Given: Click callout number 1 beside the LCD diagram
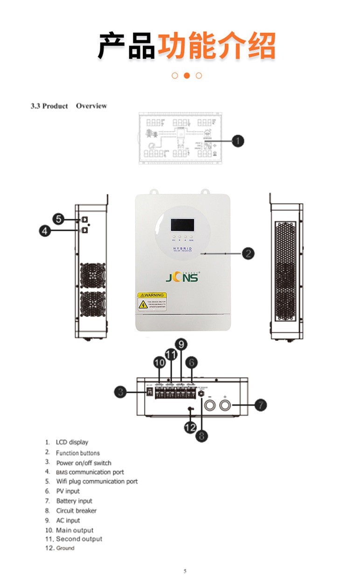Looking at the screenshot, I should [x=238, y=140].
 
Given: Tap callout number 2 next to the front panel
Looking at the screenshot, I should [x=248, y=253].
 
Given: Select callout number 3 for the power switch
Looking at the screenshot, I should [x=121, y=392].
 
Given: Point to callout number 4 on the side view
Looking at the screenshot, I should [x=45, y=230].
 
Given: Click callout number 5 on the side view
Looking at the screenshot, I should [x=58, y=219].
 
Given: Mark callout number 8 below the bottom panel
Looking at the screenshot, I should [x=201, y=436].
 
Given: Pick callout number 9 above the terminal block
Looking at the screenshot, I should [x=181, y=345].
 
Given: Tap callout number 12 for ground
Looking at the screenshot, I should [x=190, y=426].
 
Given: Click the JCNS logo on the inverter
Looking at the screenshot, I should [x=182, y=278].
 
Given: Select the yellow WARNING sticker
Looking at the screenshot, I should [x=152, y=302].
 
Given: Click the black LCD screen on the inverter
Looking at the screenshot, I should [x=182, y=225].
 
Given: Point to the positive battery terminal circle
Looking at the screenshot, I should [x=225, y=405].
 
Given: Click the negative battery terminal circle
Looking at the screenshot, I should [x=209, y=405].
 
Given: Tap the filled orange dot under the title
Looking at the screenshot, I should [x=187, y=76].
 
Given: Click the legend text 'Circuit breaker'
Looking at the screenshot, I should [x=76, y=511].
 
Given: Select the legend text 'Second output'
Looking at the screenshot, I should [x=79, y=539].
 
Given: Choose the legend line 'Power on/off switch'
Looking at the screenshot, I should [x=84, y=463].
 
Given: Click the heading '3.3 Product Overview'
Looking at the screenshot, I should [x=69, y=106].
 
